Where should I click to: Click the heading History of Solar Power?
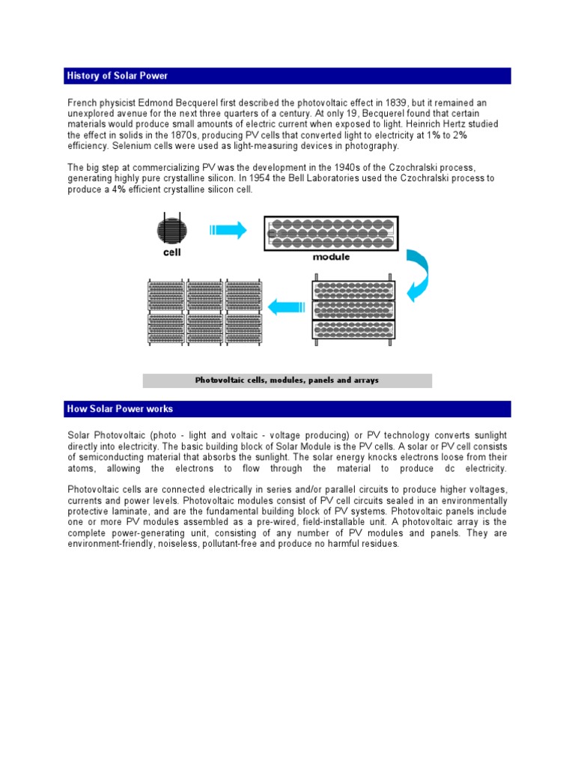point(118,76)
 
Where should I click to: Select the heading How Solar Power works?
point(120,409)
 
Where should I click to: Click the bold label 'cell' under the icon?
point(172,252)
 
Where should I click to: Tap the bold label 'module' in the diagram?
point(332,257)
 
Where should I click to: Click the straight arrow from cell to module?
point(228,231)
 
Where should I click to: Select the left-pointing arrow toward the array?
point(285,306)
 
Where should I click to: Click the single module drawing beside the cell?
point(331,234)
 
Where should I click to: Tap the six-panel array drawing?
point(204,312)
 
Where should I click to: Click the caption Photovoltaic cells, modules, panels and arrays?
point(287,381)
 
